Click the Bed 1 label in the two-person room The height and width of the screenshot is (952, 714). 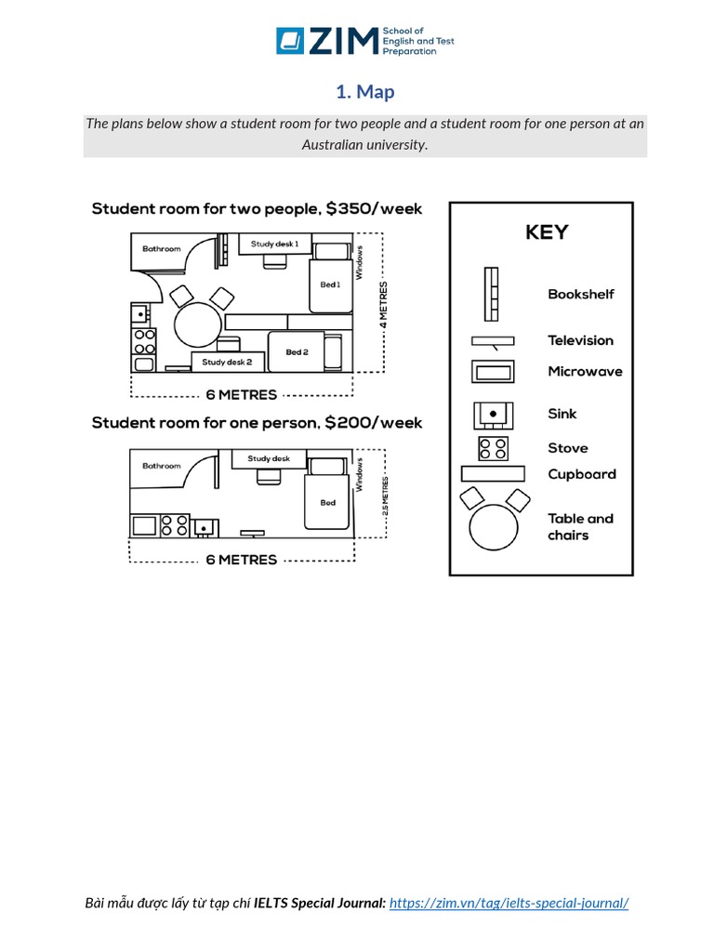point(330,284)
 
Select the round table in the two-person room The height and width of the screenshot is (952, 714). point(197,324)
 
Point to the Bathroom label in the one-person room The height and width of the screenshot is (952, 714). point(162,465)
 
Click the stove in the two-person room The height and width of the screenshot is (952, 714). point(145,342)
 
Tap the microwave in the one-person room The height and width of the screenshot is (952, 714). point(144,526)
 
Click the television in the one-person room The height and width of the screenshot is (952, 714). point(251,534)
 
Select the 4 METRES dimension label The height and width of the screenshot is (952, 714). point(383,306)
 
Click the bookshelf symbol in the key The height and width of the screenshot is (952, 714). point(491,294)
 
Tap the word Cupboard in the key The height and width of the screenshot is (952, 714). point(581,474)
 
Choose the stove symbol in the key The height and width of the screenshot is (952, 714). point(493,448)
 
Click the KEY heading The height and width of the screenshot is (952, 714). point(547,231)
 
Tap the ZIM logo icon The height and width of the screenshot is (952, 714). point(289,41)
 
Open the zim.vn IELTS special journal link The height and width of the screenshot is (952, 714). point(509,903)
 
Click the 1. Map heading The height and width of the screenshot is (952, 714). point(365,91)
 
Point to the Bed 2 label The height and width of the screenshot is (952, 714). point(297,352)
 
